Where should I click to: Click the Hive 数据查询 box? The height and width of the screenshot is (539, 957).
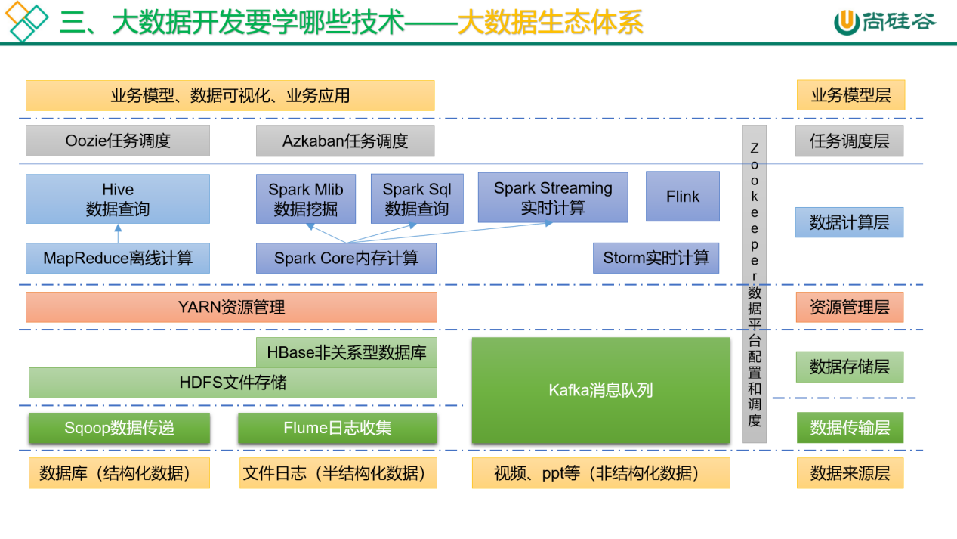coord(117,199)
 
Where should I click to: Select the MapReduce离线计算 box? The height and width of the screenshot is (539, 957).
coord(117,258)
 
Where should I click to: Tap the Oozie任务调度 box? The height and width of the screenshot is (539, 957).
coord(117,141)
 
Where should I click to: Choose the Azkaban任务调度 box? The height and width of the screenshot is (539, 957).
coord(344,141)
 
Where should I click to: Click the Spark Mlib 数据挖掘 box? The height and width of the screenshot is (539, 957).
coord(305,199)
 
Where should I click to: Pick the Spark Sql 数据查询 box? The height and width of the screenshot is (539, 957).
coord(416,199)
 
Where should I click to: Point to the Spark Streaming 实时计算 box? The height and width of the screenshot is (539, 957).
coord(552,197)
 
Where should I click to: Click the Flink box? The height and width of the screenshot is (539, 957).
coord(682,197)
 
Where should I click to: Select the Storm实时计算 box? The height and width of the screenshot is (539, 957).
coord(656,258)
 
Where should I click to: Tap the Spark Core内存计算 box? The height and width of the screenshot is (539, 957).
coord(345,258)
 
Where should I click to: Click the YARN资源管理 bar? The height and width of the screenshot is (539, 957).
coord(231,307)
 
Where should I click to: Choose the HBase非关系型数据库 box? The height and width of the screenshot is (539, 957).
coord(346,352)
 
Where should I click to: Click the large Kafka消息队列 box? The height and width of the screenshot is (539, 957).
coord(600,390)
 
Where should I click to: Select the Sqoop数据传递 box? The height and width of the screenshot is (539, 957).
coord(119,428)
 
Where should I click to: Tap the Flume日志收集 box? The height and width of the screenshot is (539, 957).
coord(337,428)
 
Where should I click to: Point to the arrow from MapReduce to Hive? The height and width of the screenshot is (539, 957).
coord(117,234)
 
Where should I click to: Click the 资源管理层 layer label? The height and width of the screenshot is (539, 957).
coord(849,307)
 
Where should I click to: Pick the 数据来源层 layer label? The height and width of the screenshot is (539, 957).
coord(850,473)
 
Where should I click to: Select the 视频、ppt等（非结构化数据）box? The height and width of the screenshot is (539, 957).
coord(600,473)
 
